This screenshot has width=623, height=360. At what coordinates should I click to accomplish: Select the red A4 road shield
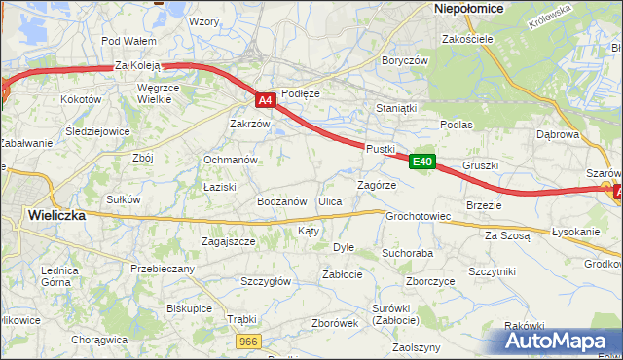pyautogui.click(x=266, y=99)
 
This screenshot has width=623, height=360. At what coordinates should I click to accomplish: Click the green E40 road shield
pyautogui.click(x=421, y=162)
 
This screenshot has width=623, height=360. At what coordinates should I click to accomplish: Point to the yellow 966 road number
pyautogui.click(x=249, y=341)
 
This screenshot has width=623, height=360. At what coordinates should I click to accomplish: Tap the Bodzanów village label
pyautogui.click(x=282, y=201)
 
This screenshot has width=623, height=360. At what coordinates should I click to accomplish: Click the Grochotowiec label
pyautogui.click(x=418, y=216)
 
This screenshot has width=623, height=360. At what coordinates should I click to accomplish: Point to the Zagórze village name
pyautogui.click(x=377, y=184)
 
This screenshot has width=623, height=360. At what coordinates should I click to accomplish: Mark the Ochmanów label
pyautogui.click(x=230, y=160)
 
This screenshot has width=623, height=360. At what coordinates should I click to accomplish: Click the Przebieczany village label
pyautogui.click(x=164, y=269)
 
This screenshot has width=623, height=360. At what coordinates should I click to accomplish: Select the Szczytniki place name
pyautogui.click(x=492, y=271)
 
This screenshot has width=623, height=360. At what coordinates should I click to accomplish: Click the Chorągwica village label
pyautogui.click(x=100, y=340)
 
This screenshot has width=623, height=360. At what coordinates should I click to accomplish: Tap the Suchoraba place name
pyautogui.click(x=407, y=253)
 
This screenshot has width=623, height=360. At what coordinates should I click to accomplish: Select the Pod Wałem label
pyautogui.click(x=128, y=41)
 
